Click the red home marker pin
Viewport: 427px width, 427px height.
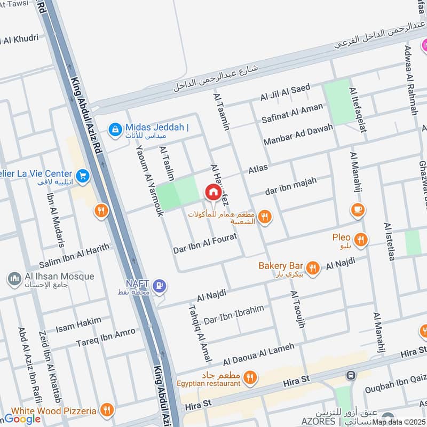[212, 192]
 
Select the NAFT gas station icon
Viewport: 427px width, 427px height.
[159, 286]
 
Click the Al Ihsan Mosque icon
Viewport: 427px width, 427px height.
[13, 278]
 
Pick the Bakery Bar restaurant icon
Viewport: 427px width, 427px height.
[313, 268]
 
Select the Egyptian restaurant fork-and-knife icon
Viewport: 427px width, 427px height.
[249, 378]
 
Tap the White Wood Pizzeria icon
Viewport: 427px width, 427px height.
[107, 410]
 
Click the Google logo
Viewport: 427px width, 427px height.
[22, 419]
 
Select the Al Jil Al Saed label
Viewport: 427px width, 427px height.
[285, 92]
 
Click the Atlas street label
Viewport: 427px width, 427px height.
[258, 169]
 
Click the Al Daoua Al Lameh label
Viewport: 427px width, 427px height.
[258, 351]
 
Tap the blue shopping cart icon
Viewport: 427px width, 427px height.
[82, 175]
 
